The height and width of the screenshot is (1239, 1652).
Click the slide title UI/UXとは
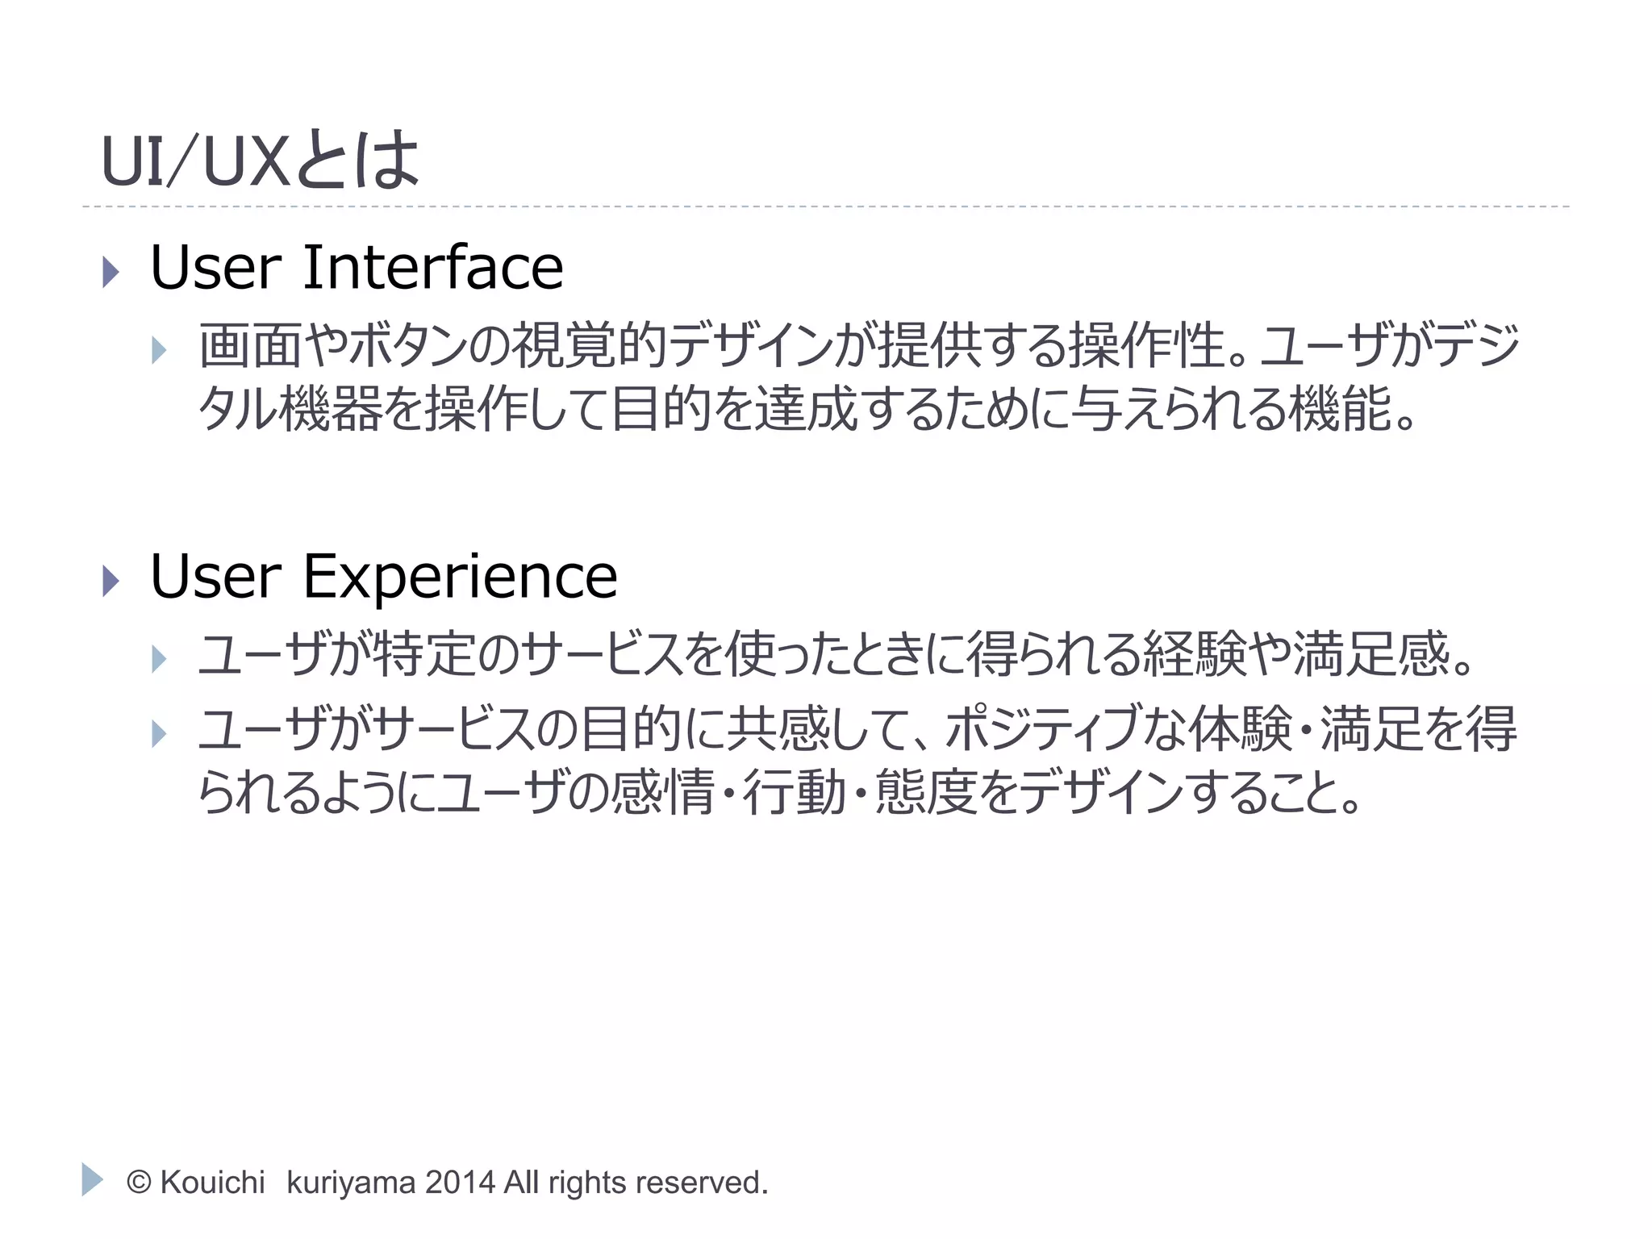pyautogui.click(x=260, y=161)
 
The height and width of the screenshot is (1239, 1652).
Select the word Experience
pyautogui.click(x=460, y=578)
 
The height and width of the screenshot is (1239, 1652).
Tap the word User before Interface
pyautogui.click(x=215, y=268)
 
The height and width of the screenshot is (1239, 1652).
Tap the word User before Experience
pyautogui.click(x=215, y=578)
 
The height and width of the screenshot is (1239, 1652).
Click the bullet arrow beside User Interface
pyautogui.click(x=111, y=272)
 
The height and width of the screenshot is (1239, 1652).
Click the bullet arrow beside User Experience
pyautogui.click(x=111, y=581)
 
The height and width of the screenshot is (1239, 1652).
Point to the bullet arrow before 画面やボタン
pyautogui.click(x=159, y=350)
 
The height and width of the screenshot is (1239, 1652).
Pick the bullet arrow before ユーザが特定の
pyautogui.click(x=159, y=659)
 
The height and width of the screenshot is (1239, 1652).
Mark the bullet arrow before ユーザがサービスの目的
pyautogui.click(x=159, y=733)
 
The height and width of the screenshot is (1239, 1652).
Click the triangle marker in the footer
pyautogui.click(x=92, y=1179)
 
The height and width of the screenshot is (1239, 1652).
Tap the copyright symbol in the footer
pyautogui.click(x=139, y=1183)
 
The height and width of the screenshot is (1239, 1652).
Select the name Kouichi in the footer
pyautogui.click(x=212, y=1183)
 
